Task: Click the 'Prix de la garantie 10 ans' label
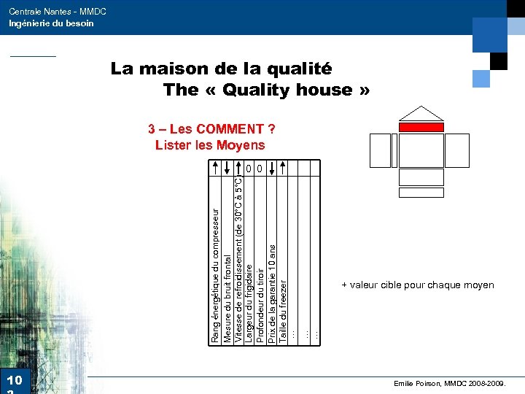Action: coord(272,293)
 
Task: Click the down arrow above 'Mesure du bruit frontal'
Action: coord(227,167)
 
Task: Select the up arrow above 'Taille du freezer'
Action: coord(284,167)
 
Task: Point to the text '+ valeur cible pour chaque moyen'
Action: coord(418,285)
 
